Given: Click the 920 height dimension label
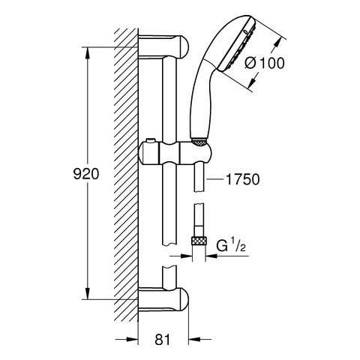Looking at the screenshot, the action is (86, 174).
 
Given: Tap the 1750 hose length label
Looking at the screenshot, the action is (242, 179).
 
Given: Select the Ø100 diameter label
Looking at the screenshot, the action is (265, 63).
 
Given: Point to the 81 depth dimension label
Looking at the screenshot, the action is (162, 340).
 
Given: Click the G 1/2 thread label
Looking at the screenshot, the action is (231, 245).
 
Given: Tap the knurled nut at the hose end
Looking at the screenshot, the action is (199, 242).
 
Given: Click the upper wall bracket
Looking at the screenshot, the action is (163, 46).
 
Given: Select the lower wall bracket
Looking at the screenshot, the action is (163, 299).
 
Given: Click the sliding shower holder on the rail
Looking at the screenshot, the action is (174, 153).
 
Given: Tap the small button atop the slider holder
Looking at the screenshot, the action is (150, 141).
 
